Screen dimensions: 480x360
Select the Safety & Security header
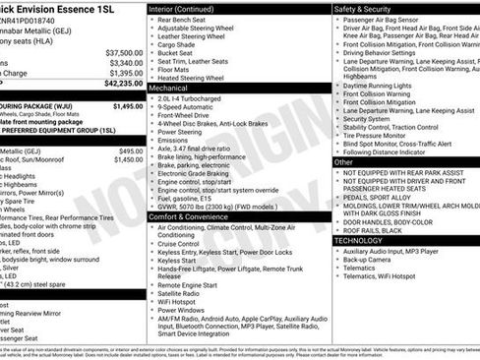[368, 8]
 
